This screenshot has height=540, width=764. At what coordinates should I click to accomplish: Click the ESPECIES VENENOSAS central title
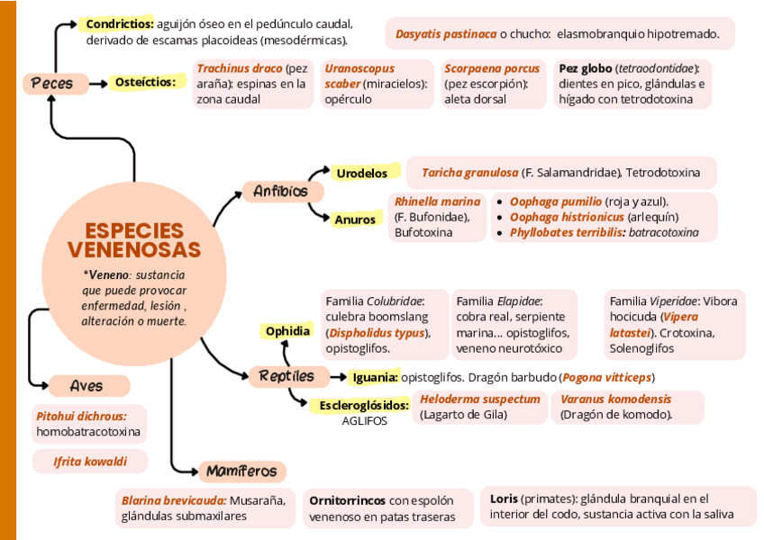pos(133,240)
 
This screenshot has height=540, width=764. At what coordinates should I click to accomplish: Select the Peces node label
pos(52,84)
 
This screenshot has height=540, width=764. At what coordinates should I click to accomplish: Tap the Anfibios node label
pos(280,191)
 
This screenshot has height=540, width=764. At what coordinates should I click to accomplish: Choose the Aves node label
pos(86,386)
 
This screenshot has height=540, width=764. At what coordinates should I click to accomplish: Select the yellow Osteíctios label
pos(144,83)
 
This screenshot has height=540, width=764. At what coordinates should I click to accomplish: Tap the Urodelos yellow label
pos(360,173)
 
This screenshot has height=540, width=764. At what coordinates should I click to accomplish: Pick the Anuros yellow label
pos(354,220)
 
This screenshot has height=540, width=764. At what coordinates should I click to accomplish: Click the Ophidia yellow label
pos(287,331)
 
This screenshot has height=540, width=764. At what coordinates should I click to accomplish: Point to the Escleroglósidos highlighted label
pos(364,406)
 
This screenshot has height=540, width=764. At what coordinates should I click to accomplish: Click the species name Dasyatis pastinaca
pos(446,34)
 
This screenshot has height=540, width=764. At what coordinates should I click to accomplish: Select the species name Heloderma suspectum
pos(480,399)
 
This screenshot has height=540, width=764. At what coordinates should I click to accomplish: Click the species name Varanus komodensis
pos(615,399)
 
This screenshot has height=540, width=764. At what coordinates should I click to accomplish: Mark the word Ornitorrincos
pos(347,500)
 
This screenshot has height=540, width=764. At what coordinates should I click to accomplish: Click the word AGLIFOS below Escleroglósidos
pos(364,421)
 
